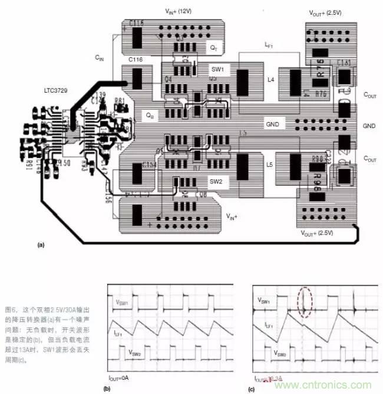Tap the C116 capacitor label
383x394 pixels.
pos(137,61)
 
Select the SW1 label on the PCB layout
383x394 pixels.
pos(217,69)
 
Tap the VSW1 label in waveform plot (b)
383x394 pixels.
pos(121,302)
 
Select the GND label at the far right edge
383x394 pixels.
pos(369,126)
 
